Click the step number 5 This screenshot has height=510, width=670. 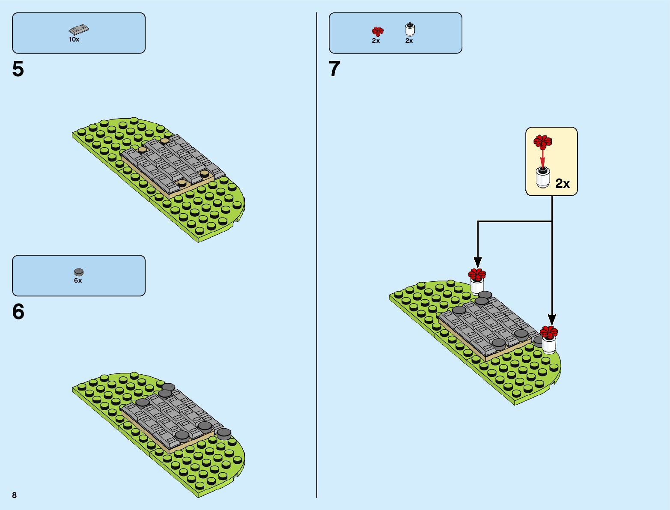pyautogui.click(x=18, y=69)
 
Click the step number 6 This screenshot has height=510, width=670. pyautogui.click(x=18, y=312)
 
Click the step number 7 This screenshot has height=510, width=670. pyautogui.click(x=334, y=69)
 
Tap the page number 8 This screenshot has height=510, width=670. pyautogui.click(x=15, y=495)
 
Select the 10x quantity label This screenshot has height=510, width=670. pyautogui.click(x=74, y=39)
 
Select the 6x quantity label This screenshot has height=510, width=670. pyautogui.click(x=78, y=280)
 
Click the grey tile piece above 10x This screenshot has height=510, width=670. pyautogui.click(x=79, y=30)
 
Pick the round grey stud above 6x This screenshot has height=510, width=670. pyautogui.click(x=79, y=272)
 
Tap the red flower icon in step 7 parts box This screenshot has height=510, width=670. pyautogui.click(x=378, y=31)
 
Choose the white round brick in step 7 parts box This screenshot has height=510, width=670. pyautogui.click(x=410, y=29)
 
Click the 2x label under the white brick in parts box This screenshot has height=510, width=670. pyautogui.click(x=409, y=41)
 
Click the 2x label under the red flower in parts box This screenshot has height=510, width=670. pyautogui.click(x=376, y=41)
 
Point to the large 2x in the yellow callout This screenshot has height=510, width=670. pyautogui.click(x=563, y=184)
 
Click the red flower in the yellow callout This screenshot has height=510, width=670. pyautogui.click(x=542, y=141)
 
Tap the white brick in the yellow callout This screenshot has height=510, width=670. pyautogui.click(x=543, y=177)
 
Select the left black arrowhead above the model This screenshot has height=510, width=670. pyautogui.click(x=478, y=262)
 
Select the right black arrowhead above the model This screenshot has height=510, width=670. pyautogui.click(x=552, y=319)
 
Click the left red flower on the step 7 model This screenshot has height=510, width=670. pyautogui.click(x=477, y=274)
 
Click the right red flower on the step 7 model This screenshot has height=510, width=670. pyautogui.click(x=548, y=332)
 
